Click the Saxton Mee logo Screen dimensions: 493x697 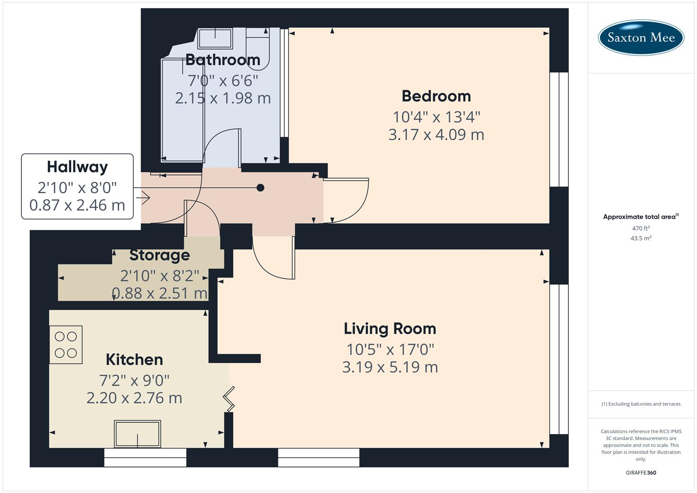pyautogui.click(x=640, y=37)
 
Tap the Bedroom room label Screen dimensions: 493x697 pyautogui.click(x=436, y=96)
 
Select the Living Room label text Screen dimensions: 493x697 pyautogui.click(x=390, y=329)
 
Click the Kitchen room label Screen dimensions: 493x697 pyautogui.click(x=134, y=360)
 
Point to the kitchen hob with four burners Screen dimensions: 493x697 pyautogui.click(x=66, y=345)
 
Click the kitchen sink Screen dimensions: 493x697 pyautogui.click(x=137, y=434)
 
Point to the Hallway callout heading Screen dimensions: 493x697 pyautogui.click(x=77, y=167)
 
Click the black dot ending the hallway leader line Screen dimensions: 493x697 pyautogui.click(x=260, y=188)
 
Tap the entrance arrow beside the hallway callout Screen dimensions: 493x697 pyautogui.click(x=143, y=198)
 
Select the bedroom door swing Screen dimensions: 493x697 pyautogui.click(x=347, y=200)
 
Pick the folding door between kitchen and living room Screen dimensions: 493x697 pyautogui.click(x=229, y=399)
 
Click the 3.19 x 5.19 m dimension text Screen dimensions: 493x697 pyautogui.click(x=390, y=367)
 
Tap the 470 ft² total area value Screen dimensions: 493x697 pyautogui.click(x=640, y=228)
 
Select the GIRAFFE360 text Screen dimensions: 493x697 pyautogui.click(x=640, y=472)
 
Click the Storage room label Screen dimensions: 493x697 pyautogui.click(x=159, y=255)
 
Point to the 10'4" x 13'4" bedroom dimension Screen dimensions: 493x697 pyautogui.click(x=436, y=117)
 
